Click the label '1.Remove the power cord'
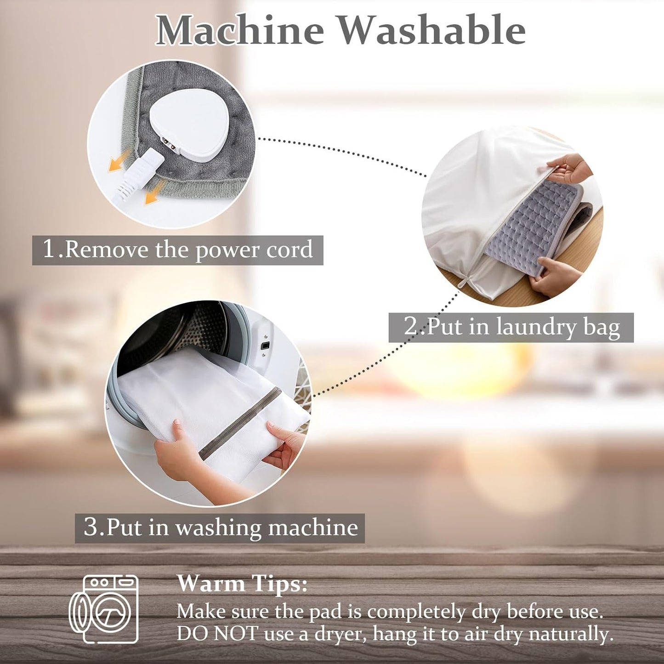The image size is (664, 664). (x=178, y=250)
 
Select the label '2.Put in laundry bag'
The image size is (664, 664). (x=511, y=327)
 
